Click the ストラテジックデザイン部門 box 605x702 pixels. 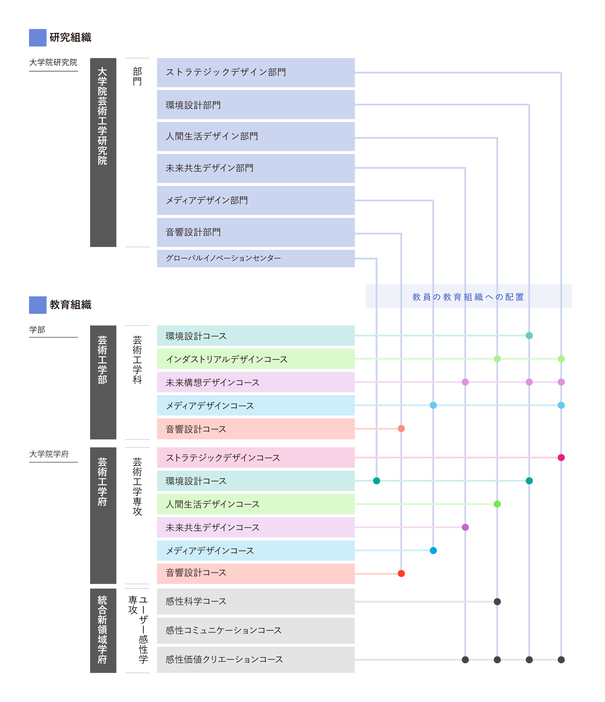coord(256,73)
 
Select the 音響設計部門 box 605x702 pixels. coord(256,232)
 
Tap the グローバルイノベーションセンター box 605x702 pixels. coord(256,259)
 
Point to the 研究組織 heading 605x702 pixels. coord(70,37)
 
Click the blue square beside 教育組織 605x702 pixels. coord(38,305)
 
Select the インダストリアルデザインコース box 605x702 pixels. coord(256,359)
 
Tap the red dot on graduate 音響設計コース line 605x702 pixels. coord(401,573)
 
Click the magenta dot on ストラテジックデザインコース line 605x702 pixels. coord(561,457)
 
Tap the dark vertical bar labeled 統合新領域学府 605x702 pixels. coord(103,630)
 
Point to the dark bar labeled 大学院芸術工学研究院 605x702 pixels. coord(103,152)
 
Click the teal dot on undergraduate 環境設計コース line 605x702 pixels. coord(529,335)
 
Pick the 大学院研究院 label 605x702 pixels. coord(53,62)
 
